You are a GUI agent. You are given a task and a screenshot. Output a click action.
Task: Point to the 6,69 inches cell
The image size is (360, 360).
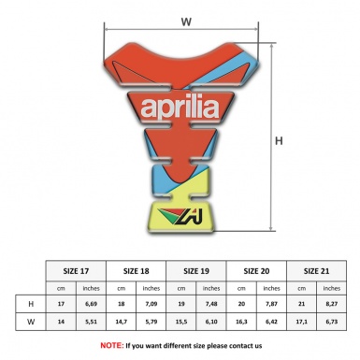(x=92, y=304)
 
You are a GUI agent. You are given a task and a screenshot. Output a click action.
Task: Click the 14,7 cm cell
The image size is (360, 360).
(x=121, y=322)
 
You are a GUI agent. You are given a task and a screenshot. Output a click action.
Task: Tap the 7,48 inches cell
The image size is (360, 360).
(x=211, y=304)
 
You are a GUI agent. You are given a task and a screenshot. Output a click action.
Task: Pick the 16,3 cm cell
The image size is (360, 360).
(x=240, y=322)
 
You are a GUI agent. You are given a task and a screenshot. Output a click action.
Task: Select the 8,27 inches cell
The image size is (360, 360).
(x=331, y=304)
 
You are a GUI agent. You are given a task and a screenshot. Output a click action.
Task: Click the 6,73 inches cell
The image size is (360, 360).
(x=331, y=322)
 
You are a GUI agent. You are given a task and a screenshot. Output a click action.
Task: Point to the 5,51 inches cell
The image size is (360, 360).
(x=92, y=322)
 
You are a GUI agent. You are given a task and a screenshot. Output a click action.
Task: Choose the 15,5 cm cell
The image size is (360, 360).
(x=180, y=322)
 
